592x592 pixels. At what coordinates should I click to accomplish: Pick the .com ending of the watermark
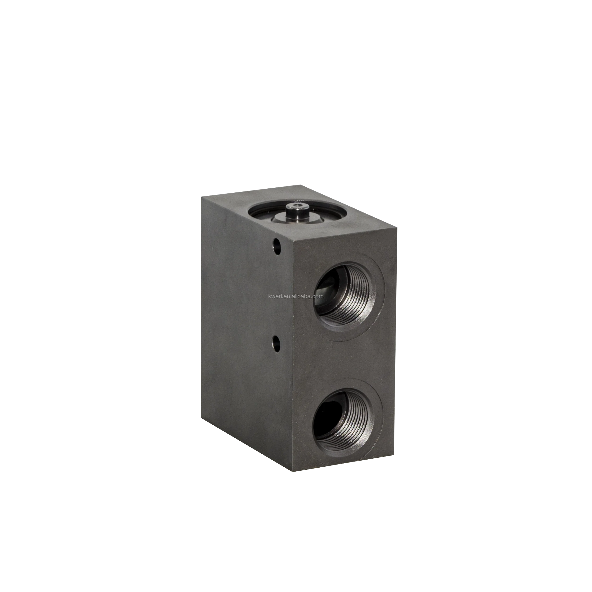(318, 296)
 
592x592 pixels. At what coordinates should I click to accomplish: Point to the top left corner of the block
(201, 197)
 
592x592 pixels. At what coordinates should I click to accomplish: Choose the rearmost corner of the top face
(302, 184)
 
